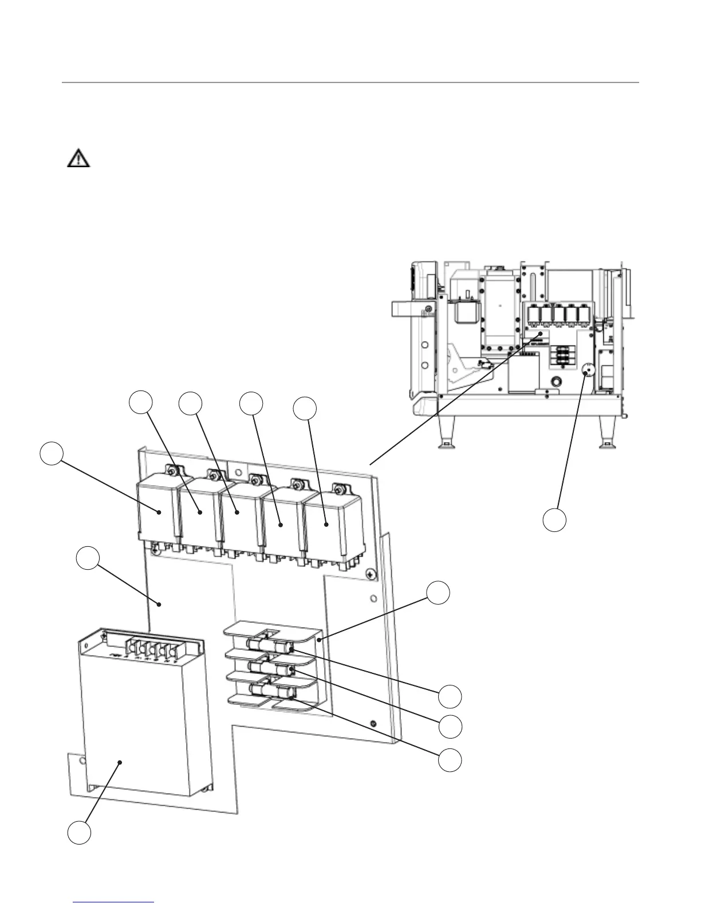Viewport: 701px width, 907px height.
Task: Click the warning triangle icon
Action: pos(78,158)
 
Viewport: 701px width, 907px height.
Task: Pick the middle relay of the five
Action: pos(239,512)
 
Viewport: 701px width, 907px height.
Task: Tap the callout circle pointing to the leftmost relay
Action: pos(52,453)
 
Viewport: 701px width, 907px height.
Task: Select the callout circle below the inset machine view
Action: pos(554,519)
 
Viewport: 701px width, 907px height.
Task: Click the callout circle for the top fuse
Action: pos(450,696)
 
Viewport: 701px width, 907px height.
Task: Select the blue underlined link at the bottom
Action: pos(115,902)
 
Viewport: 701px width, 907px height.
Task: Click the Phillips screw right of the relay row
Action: pos(371,573)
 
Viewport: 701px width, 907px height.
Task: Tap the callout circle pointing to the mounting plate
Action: pos(89,558)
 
